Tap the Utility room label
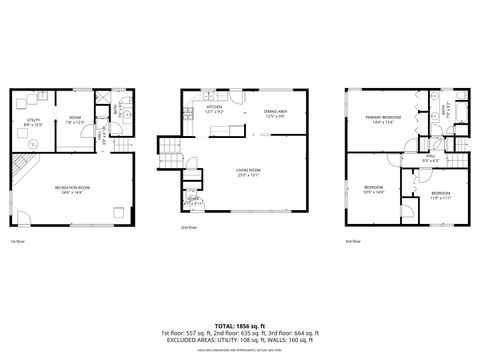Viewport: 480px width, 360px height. coord(33,121)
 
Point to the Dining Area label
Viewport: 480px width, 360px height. coord(276,111)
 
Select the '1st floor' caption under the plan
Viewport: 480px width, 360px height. coord(17,242)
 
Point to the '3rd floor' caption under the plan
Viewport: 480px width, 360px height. coord(352,241)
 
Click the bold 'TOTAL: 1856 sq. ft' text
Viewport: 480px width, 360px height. coord(239,326)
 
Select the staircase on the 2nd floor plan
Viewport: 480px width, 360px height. coord(171,152)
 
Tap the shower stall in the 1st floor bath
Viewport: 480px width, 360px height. coord(100,100)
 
